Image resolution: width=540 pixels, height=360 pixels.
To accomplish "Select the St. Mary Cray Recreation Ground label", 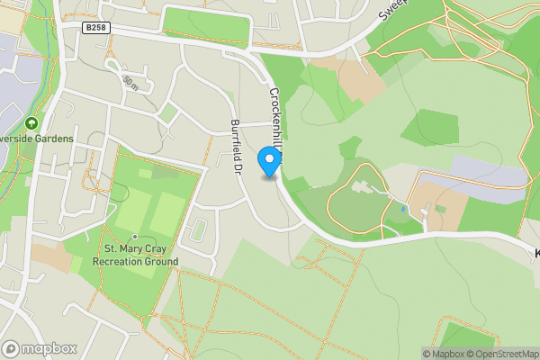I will pyautogui.click(x=135, y=255).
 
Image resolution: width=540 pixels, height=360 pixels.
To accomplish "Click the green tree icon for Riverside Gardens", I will pyautogui.click(x=31, y=123).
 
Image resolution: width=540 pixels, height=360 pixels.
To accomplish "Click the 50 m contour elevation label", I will pyautogui.click(x=130, y=83).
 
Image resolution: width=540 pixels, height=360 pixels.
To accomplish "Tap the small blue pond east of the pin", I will pyautogui.click(x=402, y=209).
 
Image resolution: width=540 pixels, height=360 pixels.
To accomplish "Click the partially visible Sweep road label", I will pyautogui.click(x=393, y=10).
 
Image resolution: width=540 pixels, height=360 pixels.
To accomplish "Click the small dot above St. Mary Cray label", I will pyautogui.click(x=135, y=236).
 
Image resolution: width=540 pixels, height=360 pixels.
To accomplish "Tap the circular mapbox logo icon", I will pyautogui.click(x=12, y=348).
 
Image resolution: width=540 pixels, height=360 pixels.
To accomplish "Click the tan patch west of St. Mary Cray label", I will pyautogui.click(x=52, y=258).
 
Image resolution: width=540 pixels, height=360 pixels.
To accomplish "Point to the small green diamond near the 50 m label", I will pyautogui.click(x=167, y=112).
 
